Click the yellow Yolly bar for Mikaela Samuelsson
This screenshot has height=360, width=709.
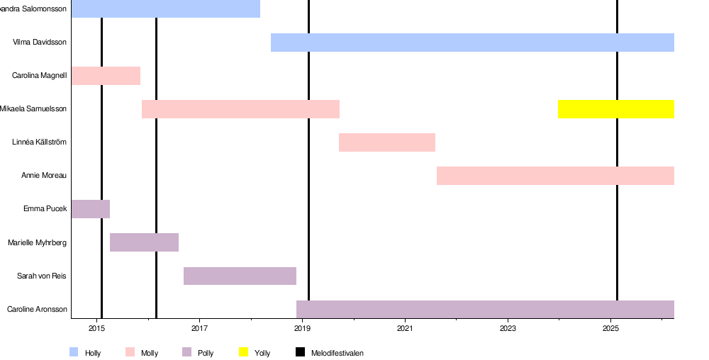pyautogui.click(x=615, y=109)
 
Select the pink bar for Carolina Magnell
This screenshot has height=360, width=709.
pyautogui.click(x=106, y=76)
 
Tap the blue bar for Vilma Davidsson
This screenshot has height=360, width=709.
pyautogui.click(x=472, y=43)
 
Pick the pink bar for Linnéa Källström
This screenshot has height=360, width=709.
pyautogui.click(x=386, y=142)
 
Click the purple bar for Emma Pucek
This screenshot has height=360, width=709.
pyautogui.click(x=90, y=209)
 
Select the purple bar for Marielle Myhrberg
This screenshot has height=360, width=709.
pyautogui.click(x=144, y=242)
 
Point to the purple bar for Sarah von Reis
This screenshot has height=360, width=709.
pyautogui.click(x=240, y=276)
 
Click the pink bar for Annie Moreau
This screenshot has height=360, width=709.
pyautogui.click(x=555, y=176)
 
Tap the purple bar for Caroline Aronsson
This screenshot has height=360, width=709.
pyautogui.click(x=485, y=309)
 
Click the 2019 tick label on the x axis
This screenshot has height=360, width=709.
pyautogui.click(x=302, y=329)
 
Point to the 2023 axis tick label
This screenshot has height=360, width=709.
pyautogui.click(x=508, y=329)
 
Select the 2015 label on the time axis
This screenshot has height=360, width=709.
pyautogui.click(x=96, y=329)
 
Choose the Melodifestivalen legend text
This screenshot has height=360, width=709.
pyautogui.click(x=337, y=353)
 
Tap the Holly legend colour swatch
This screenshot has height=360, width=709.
pyautogui.click(x=74, y=352)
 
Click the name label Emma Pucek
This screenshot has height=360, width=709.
pyautogui.click(x=45, y=209)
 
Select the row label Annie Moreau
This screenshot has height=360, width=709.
pyautogui.click(x=44, y=176)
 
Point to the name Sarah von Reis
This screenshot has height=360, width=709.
pyautogui.click(x=42, y=276)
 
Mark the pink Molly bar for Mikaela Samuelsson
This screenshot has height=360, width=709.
pyautogui.click(x=240, y=109)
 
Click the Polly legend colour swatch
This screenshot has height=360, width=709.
pyautogui.click(x=187, y=352)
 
